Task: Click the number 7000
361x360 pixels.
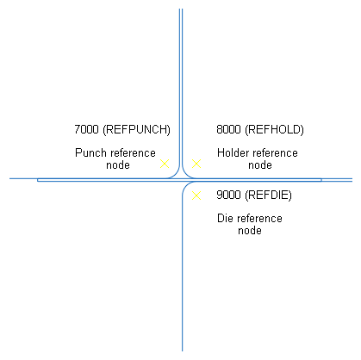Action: tap(86, 129)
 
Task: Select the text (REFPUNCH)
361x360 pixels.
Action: tap(136, 130)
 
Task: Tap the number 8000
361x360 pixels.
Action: tap(228, 129)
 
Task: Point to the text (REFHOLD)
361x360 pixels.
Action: tap(274, 130)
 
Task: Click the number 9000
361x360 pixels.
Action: tap(228, 195)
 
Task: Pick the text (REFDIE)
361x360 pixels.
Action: tap(268, 196)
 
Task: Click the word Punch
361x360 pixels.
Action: tap(90, 152)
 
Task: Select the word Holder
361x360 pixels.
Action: tap(233, 152)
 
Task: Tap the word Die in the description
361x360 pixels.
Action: tap(225, 218)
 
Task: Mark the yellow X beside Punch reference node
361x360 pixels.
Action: tap(165, 164)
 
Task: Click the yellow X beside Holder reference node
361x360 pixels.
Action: tap(196, 164)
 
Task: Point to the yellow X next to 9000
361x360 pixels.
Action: tap(196, 196)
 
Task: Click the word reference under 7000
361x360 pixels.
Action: tap(133, 153)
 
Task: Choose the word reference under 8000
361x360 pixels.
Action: tap(275, 153)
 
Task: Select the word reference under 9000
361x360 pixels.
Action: tap(259, 219)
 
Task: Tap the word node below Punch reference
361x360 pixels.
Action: tap(118, 165)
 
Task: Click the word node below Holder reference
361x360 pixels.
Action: tap(260, 165)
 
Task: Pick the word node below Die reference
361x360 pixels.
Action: tap(250, 231)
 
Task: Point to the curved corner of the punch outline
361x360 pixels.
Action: tap(177, 175)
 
